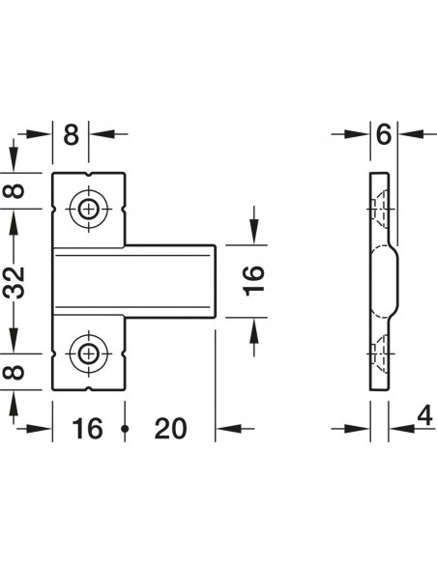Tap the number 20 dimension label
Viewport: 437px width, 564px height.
170,429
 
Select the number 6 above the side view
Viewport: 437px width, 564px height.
384,134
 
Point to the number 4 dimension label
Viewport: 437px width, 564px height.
424,416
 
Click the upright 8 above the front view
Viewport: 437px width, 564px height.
71,134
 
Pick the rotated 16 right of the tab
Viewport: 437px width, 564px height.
254,280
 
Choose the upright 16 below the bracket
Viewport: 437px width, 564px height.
87,429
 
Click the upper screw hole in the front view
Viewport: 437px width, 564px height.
89,209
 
